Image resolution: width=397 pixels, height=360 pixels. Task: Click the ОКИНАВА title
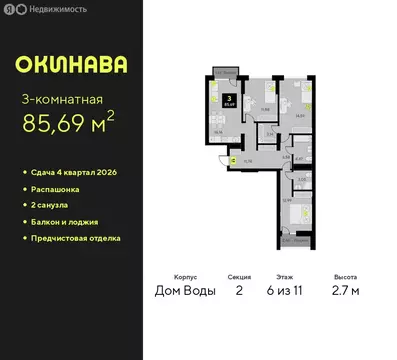tap(71, 64)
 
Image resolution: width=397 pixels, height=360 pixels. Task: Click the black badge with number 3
tap(229, 98)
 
